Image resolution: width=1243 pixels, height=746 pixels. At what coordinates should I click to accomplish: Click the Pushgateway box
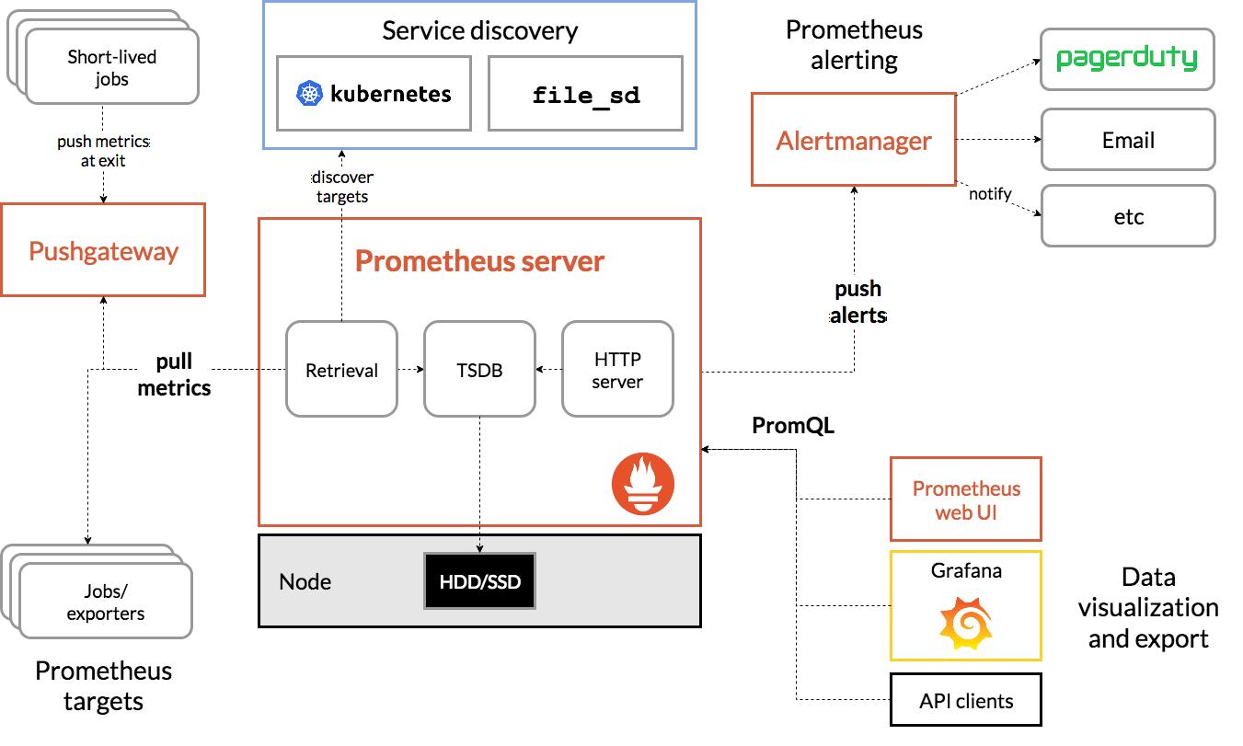[x=103, y=251]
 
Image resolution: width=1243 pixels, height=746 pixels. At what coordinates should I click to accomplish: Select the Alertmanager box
[x=853, y=140]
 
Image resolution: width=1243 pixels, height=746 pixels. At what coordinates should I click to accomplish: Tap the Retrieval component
[x=341, y=370]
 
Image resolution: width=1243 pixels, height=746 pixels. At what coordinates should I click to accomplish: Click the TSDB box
[x=479, y=370]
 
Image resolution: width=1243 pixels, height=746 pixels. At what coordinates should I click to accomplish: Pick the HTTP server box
[x=617, y=370]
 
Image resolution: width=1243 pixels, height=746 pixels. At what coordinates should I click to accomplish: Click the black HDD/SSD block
[x=479, y=581]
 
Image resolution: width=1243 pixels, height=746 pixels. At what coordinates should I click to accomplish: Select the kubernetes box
[x=374, y=94]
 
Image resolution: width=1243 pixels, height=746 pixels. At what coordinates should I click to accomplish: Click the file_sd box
[x=585, y=94]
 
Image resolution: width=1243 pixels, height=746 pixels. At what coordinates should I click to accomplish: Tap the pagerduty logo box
[x=1127, y=60]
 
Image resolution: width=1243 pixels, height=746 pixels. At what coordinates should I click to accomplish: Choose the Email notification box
[x=1127, y=140]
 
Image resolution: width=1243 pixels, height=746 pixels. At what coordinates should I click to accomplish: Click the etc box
[x=1127, y=217]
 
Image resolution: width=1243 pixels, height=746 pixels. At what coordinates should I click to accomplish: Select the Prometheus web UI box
[x=965, y=499]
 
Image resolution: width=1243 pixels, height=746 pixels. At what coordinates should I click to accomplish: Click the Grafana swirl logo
[x=965, y=623]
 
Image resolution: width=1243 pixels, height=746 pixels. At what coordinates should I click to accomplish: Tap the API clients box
[x=965, y=701]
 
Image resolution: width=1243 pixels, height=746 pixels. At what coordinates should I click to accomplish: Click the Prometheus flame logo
[x=643, y=484]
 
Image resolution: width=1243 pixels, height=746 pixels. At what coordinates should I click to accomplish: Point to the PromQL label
[x=793, y=426]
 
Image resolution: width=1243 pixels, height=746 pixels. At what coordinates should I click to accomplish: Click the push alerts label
[x=857, y=302]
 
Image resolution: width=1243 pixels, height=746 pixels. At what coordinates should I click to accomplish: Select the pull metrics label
[x=174, y=374]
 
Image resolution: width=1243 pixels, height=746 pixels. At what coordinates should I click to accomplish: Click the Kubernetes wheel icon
[x=309, y=94]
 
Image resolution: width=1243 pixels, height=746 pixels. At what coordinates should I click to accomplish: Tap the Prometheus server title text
[x=479, y=261]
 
